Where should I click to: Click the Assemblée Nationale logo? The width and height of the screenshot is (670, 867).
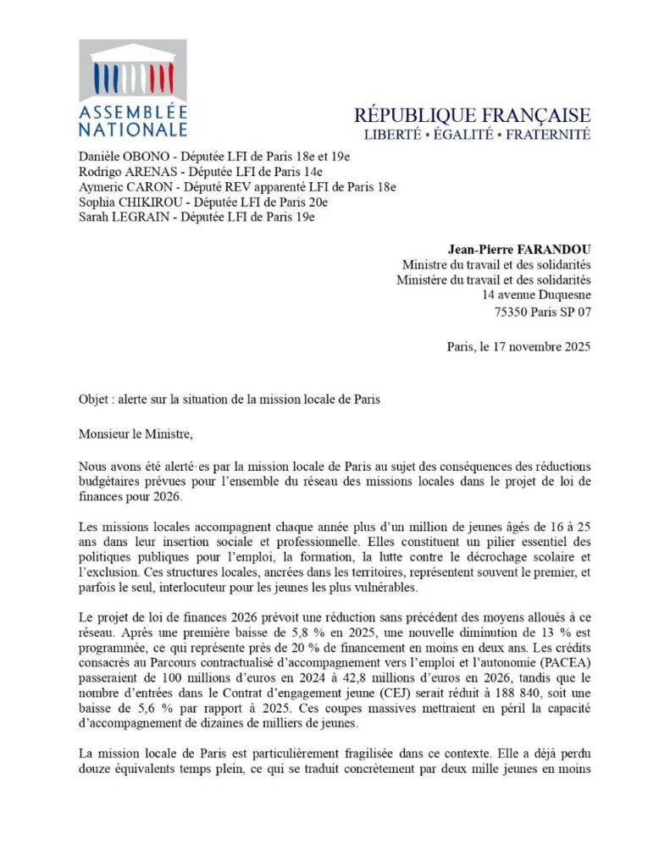click(x=133, y=88)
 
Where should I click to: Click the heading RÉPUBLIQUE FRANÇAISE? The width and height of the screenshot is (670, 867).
click(x=472, y=115)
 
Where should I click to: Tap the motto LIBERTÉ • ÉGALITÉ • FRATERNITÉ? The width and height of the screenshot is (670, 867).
click(x=477, y=135)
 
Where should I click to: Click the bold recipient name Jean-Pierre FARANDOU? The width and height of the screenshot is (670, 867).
click(x=518, y=249)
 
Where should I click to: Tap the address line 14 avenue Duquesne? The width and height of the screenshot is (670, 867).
click(x=536, y=295)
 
